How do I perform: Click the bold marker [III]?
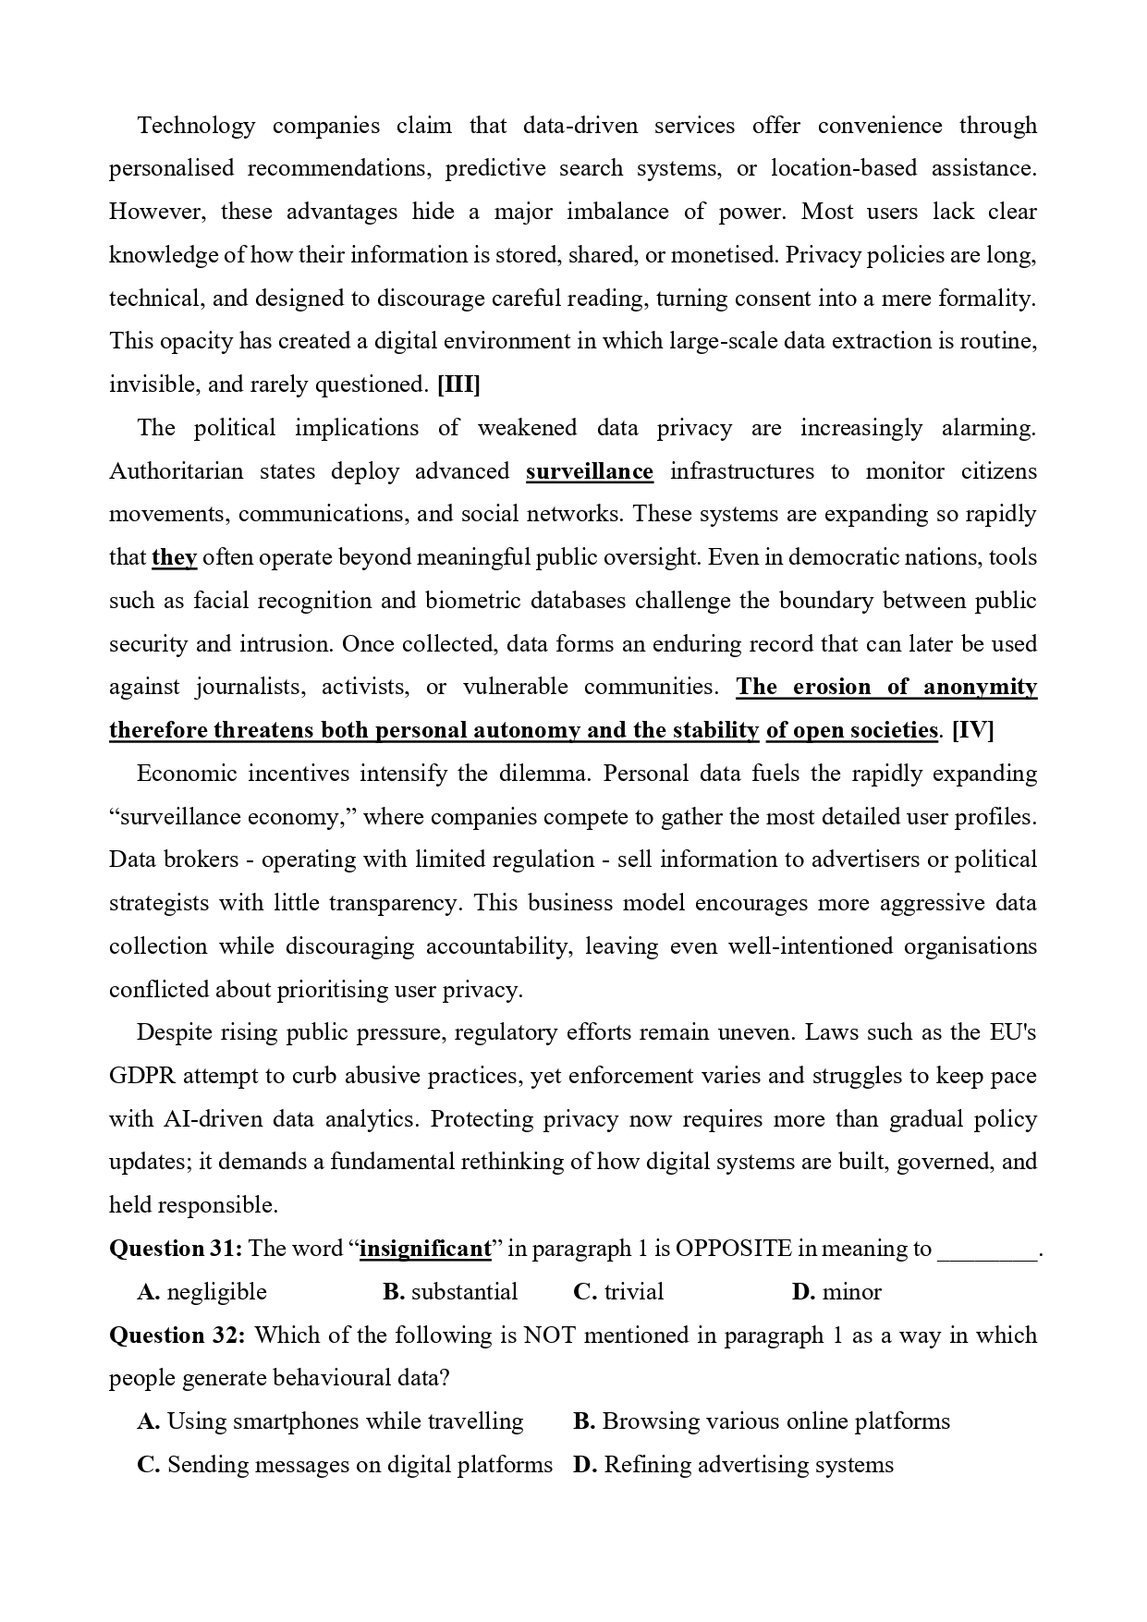pos(458,384)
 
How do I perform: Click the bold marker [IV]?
pos(972,730)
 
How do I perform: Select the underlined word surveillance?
pos(590,471)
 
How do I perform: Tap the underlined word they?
pos(174,557)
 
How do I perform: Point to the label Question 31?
pos(176,1249)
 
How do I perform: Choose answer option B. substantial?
pos(450,1291)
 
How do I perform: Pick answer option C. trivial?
pos(618,1291)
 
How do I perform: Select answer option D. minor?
pos(836,1291)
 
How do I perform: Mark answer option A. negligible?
pos(201,1291)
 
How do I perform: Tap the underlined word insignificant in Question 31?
pos(425,1249)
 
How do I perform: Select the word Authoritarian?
pos(176,471)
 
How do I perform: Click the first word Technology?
pos(196,126)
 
